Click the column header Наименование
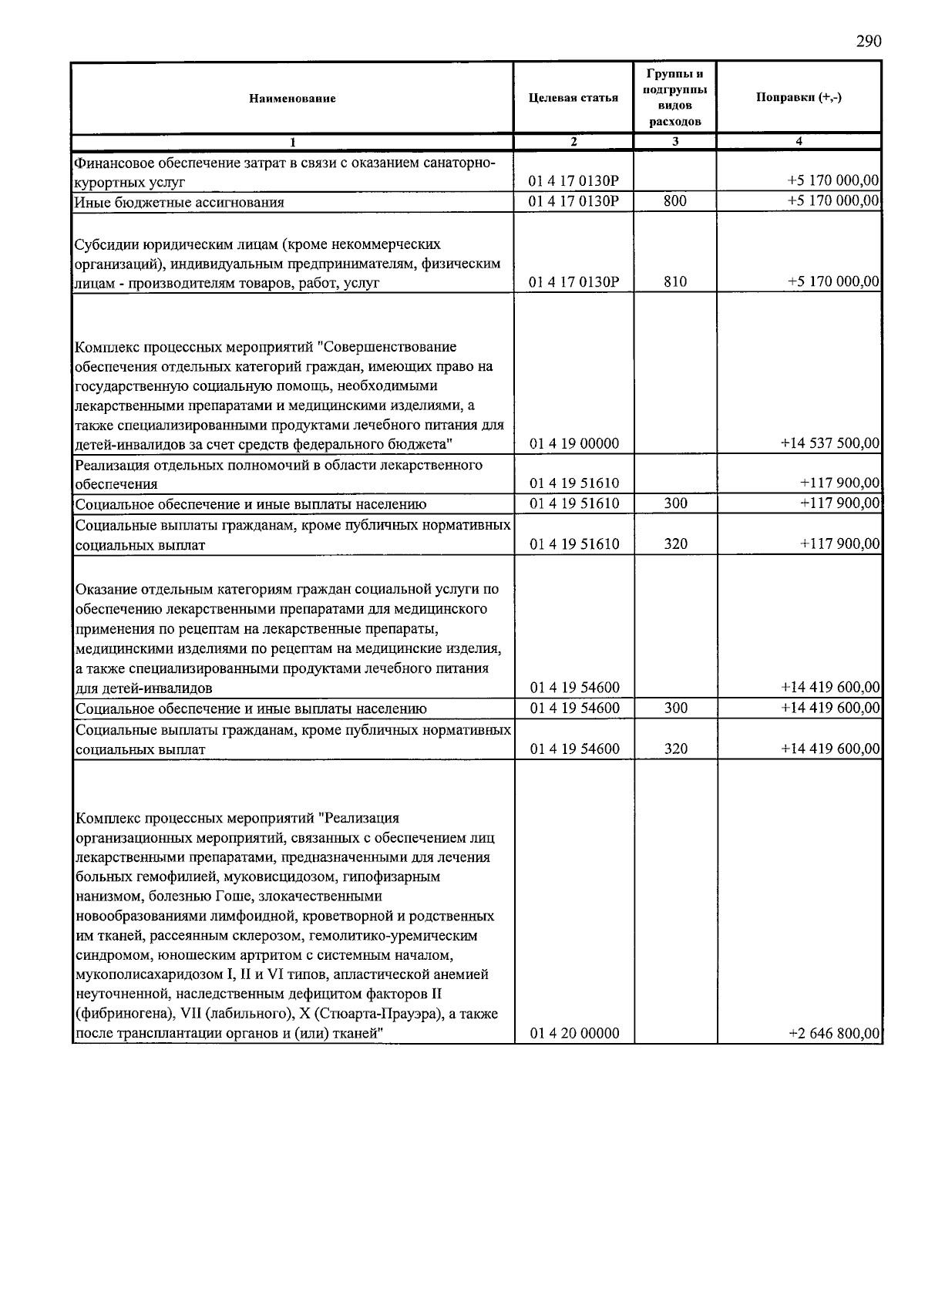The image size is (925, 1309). coord(292,99)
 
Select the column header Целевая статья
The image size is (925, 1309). coord(573,98)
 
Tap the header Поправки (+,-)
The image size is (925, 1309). coord(799,98)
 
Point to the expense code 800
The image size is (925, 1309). coord(674,202)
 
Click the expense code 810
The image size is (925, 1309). coord(674,282)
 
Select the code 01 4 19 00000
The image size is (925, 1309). coord(573,444)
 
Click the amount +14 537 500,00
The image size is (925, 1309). coord(829,444)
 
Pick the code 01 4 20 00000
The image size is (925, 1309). coord(573,1034)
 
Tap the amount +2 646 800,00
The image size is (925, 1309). coord(834,1034)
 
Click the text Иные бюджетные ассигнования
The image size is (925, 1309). coord(180,203)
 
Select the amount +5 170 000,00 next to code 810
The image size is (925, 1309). coord(833,282)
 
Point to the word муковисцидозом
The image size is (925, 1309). coord(254,877)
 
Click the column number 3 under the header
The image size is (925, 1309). coord(674,141)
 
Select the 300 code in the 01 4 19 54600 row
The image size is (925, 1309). coord(675,708)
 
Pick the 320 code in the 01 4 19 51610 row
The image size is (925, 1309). coord(675,544)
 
